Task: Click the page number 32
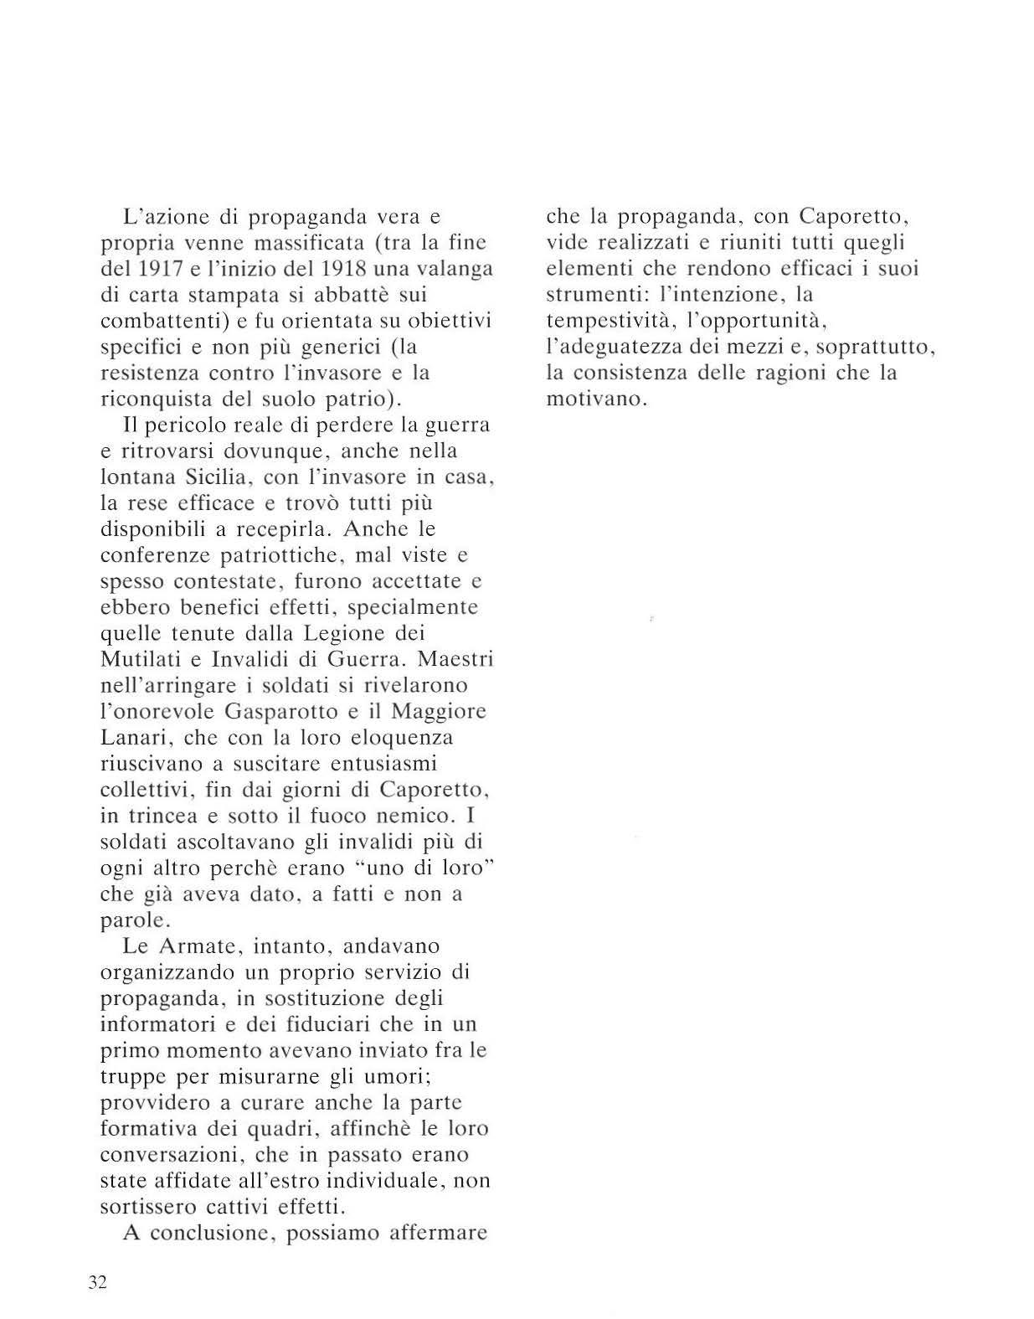[97, 1282]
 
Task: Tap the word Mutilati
[140, 659]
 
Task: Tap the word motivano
[596, 399]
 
